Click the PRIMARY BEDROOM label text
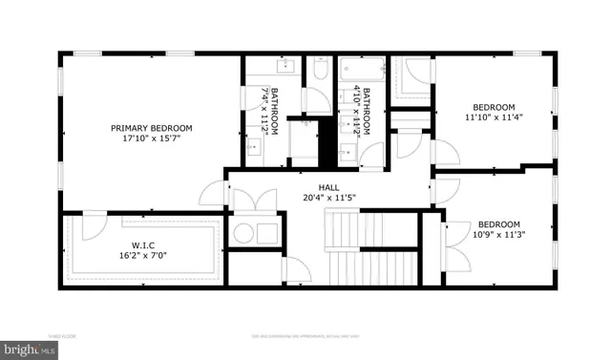(151, 128)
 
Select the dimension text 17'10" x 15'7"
(151, 138)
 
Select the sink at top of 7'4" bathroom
(284, 67)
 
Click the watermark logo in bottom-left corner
(29, 350)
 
